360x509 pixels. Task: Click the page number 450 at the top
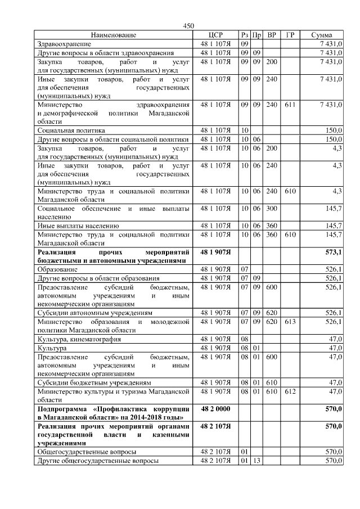[x=188, y=26]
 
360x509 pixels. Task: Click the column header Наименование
[x=113, y=35]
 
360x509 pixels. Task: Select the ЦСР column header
[x=216, y=35]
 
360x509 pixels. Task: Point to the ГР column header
[x=290, y=35]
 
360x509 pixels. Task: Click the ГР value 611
[x=290, y=105]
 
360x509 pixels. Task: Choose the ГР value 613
[x=290, y=321]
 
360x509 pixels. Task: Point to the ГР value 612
[x=290, y=391]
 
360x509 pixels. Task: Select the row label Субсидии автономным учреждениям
[x=92, y=313]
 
